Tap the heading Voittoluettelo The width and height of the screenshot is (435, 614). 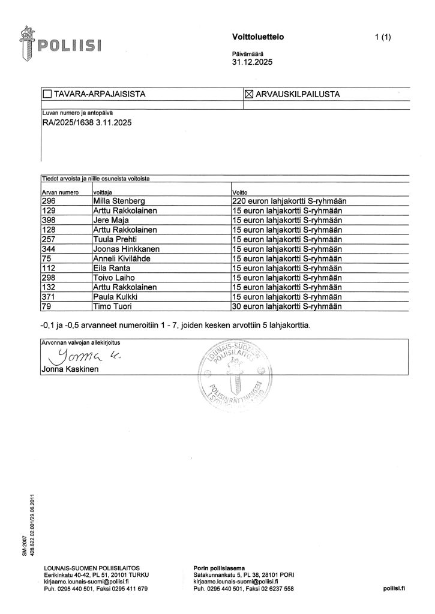[257, 37]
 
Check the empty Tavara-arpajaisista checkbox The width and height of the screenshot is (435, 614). [47, 95]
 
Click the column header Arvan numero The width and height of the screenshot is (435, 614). [60, 192]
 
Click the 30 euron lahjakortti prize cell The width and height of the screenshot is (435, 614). [286, 307]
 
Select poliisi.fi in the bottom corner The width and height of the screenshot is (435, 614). [394, 589]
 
